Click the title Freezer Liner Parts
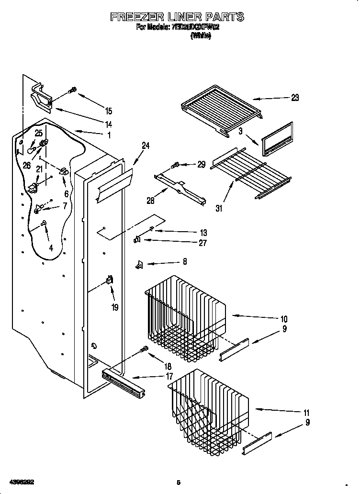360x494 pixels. pyautogui.click(x=177, y=17)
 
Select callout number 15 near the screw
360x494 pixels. pyautogui.click(x=109, y=111)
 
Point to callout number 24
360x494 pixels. pyautogui.click(x=146, y=146)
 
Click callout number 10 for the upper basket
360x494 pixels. pyautogui.click(x=284, y=319)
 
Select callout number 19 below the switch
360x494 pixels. pyautogui.click(x=115, y=307)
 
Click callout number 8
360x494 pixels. pyautogui.click(x=184, y=262)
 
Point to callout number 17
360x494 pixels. pyautogui.click(x=169, y=377)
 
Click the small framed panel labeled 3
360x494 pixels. pyautogui.click(x=277, y=140)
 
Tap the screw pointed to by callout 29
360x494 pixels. pyautogui.click(x=175, y=165)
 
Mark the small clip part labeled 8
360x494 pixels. pyautogui.click(x=140, y=263)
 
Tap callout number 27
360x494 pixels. pyautogui.click(x=202, y=243)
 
